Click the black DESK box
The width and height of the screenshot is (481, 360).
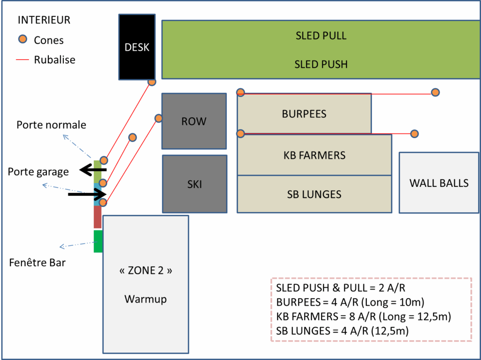pyautogui.click(x=137, y=47)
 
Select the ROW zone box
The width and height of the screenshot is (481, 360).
pyautogui.click(x=194, y=121)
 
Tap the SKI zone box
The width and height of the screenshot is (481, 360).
pyautogui.click(x=194, y=184)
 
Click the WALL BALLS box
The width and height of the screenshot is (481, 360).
pyautogui.click(x=439, y=183)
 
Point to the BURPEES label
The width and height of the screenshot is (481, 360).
pyautogui.click(x=304, y=114)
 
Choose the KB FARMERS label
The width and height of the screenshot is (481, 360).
pyautogui.click(x=314, y=155)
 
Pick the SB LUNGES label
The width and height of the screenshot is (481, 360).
pyautogui.click(x=314, y=194)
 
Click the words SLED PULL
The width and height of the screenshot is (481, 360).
pyautogui.click(x=321, y=36)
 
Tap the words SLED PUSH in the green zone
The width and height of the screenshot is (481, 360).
pyautogui.click(x=321, y=64)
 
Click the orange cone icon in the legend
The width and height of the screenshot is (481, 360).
pyautogui.click(x=23, y=40)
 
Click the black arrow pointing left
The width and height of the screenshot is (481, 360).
pyautogui.click(x=93, y=170)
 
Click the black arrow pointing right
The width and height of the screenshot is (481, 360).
pyautogui.click(x=89, y=193)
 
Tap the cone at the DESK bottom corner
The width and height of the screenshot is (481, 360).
pyautogui.click(x=152, y=82)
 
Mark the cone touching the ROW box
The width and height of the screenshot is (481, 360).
pyautogui.click(x=159, y=118)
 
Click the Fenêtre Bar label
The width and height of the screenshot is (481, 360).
pyautogui.click(x=37, y=263)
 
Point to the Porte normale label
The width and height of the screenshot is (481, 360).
pyautogui.click(x=51, y=125)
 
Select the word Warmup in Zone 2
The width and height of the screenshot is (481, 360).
pyautogui.click(x=146, y=299)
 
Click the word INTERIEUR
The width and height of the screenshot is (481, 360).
pyautogui.click(x=44, y=20)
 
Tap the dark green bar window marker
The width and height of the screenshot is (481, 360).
pyautogui.click(x=98, y=241)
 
